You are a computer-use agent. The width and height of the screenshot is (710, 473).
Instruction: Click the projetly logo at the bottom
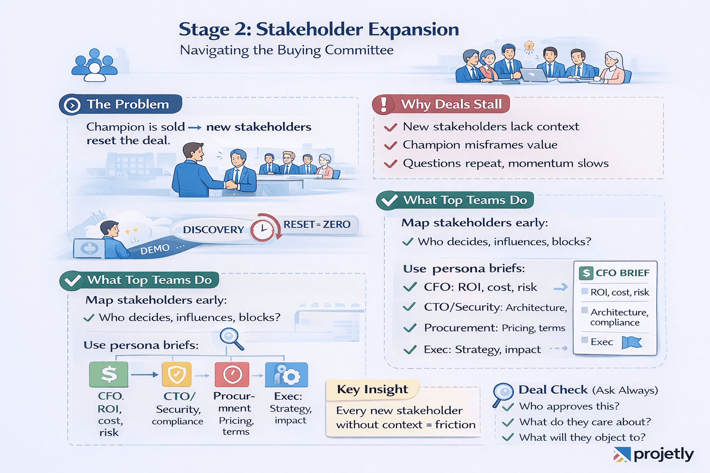coord(654,455)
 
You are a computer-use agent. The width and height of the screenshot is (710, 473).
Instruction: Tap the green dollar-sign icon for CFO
coord(109,374)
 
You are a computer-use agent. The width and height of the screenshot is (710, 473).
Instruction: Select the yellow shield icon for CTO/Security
coord(177,375)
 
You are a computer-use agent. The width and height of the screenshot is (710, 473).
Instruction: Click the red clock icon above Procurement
coord(232,375)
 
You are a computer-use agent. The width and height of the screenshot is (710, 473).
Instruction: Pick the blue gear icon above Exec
coord(286,375)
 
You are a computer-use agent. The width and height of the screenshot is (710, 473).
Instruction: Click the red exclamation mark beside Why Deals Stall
coord(384,104)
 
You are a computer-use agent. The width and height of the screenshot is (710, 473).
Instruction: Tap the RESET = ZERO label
coord(317,224)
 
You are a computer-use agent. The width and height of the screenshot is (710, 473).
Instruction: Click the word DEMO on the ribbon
coord(155,249)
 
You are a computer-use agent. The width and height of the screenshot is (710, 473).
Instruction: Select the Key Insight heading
coord(373,389)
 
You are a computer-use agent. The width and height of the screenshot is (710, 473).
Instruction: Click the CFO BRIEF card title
coord(622,273)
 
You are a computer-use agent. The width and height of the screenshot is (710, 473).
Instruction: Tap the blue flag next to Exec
coord(631,342)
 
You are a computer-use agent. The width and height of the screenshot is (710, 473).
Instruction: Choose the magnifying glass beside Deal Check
coord(503,394)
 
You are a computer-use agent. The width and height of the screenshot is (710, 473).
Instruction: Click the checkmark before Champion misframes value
coord(391,146)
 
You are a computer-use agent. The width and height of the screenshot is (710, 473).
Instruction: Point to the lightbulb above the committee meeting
coord(529,46)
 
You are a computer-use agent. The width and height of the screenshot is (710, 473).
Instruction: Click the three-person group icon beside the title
coord(95,65)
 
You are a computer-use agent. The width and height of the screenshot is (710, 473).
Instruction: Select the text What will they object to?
coord(582,437)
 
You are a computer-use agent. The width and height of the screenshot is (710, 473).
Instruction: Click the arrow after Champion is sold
coord(195,127)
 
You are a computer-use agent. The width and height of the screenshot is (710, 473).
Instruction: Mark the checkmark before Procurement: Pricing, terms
coord(410,328)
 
